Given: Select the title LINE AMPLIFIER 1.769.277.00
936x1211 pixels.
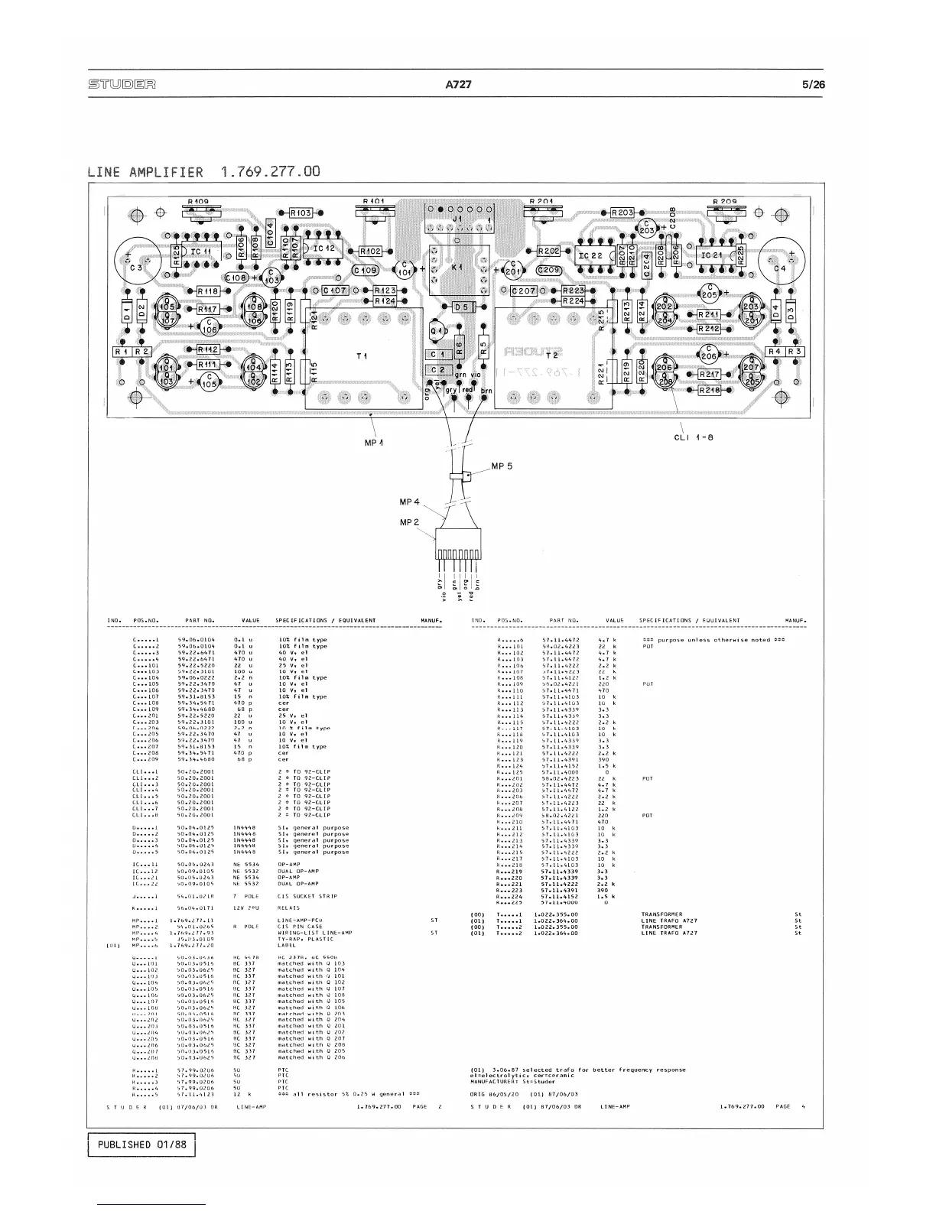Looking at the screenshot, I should [x=203, y=171].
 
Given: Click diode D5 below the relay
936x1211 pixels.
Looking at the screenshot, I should [x=462, y=307].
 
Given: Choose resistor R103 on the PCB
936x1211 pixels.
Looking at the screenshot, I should [x=301, y=213].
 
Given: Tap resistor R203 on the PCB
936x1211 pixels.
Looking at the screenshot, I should [x=622, y=213].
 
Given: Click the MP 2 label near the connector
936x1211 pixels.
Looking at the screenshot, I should [x=411, y=522].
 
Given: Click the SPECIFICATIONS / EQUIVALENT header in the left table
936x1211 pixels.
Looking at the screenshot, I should [x=325, y=621].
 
